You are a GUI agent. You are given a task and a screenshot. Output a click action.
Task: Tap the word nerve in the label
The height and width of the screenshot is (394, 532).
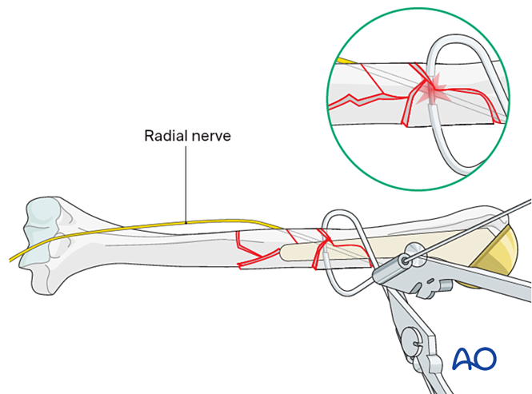tap(209, 136)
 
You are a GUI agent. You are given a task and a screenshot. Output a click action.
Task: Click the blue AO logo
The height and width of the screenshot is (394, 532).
tap(474, 359)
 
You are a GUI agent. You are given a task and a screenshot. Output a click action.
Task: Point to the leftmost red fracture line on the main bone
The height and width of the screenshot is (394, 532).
tap(242, 248)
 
